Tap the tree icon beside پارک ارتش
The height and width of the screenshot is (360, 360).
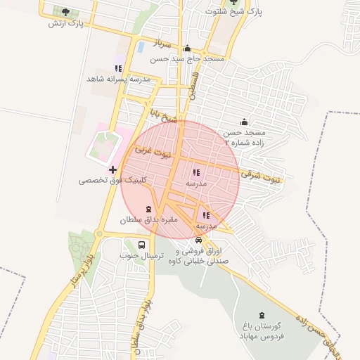66,12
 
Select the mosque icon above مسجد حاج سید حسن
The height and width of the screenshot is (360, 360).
187,49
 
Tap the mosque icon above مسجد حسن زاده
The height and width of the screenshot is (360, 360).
244,122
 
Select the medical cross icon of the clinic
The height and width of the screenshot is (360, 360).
112,169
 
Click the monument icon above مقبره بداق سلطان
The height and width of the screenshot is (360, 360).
148,209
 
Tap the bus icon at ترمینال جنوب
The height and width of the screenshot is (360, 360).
142,245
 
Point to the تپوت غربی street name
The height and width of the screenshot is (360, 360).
153,150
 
